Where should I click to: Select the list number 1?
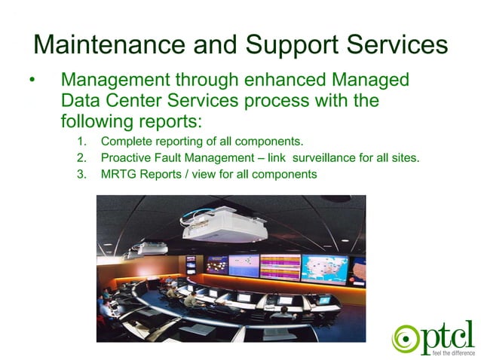tap(81, 141)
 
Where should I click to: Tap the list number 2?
tap(81, 157)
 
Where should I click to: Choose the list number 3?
tap(81, 175)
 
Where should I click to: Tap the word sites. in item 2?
tap(403, 157)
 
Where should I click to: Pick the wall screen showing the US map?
tap(323, 269)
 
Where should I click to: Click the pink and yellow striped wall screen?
tap(280, 266)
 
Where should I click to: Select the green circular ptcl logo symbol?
tap(405, 337)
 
